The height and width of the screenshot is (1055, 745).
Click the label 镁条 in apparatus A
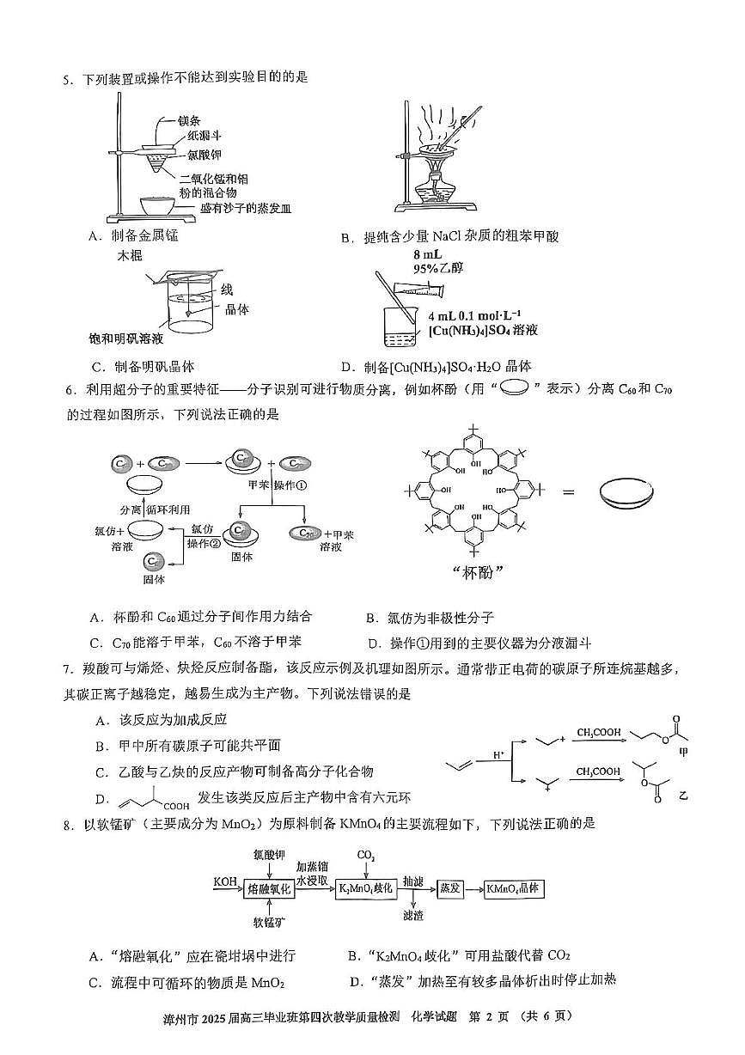(190, 120)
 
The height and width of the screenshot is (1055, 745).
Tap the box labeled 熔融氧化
(270, 889)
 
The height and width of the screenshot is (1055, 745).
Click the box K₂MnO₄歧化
(365, 888)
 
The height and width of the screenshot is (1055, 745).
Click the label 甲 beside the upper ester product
(685, 750)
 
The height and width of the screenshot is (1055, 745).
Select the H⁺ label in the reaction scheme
(498, 753)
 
